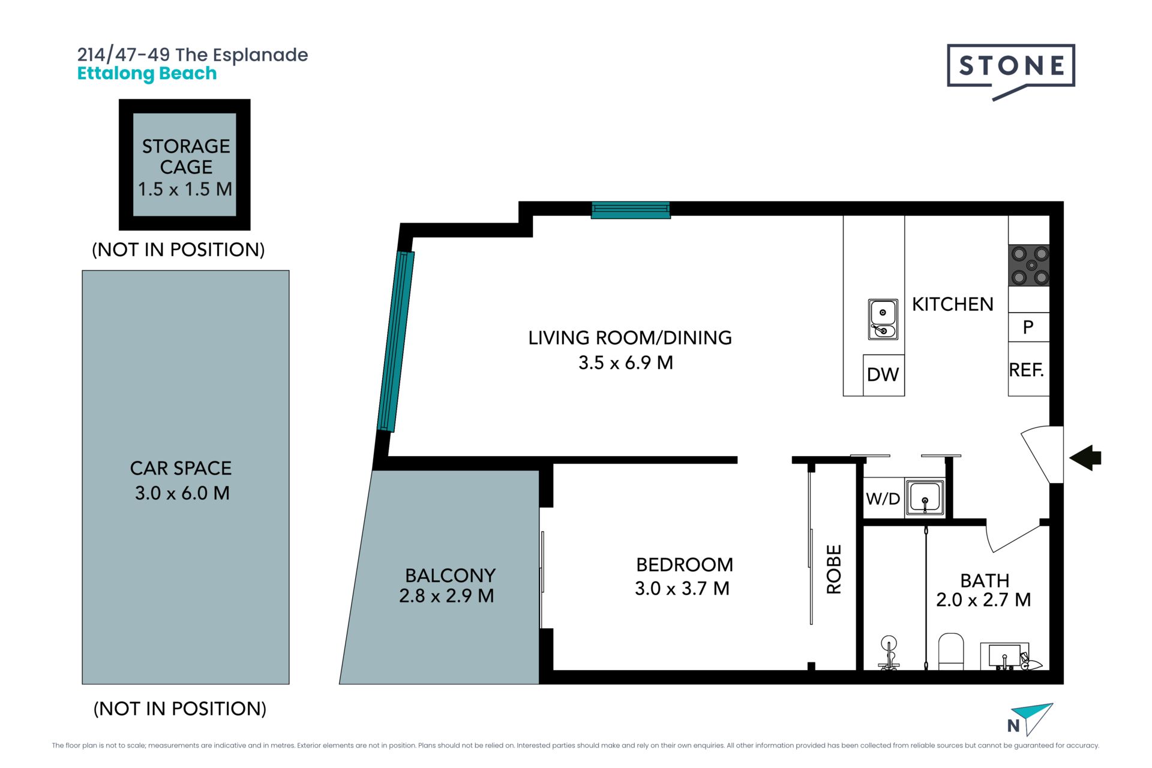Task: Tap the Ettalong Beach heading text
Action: point(147,74)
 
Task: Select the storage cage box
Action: point(185,164)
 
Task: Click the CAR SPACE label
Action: point(181,468)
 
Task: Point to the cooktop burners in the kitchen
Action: point(1030,265)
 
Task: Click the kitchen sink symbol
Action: point(883,319)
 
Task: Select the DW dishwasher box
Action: point(883,375)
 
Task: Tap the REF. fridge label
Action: point(1027,370)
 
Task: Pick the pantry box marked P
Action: point(1028,327)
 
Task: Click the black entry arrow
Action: point(1085,458)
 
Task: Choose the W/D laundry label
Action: point(883,499)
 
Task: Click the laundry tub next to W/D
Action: point(925,497)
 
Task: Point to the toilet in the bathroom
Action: point(950,652)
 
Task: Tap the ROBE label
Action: point(834,569)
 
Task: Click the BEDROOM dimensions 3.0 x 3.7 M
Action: point(682,589)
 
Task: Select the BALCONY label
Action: point(450,575)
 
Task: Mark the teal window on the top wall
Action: point(631,210)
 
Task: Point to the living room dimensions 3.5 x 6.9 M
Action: point(626,363)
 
